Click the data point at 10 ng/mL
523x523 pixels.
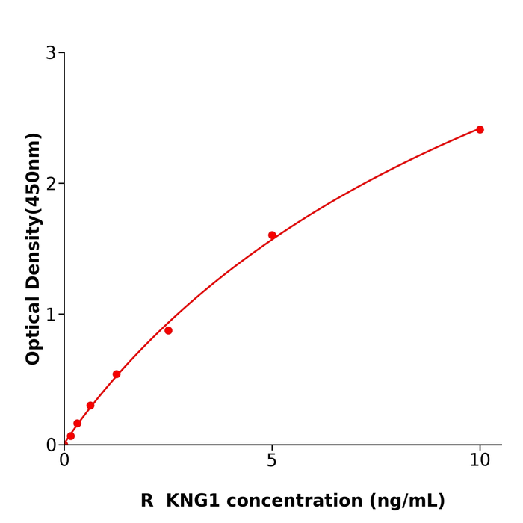(x=480, y=129)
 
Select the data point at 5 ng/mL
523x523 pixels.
(x=272, y=235)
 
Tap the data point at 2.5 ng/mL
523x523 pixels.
(x=168, y=330)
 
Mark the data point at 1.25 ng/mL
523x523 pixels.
(x=117, y=374)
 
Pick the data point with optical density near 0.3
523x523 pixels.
(x=90, y=406)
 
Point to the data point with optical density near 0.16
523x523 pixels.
(x=77, y=424)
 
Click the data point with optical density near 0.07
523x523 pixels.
(x=71, y=436)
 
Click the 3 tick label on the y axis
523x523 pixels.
(x=51, y=53)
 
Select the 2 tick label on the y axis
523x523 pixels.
(x=51, y=184)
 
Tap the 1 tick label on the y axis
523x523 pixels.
(x=51, y=315)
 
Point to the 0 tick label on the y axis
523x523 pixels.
(x=51, y=445)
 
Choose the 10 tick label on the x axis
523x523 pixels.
(x=480, y=461)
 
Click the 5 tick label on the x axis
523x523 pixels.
(x=272, y=461)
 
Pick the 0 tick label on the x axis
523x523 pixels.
(x=64, y=461)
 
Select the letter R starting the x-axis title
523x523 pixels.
(x=146, y=501)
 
